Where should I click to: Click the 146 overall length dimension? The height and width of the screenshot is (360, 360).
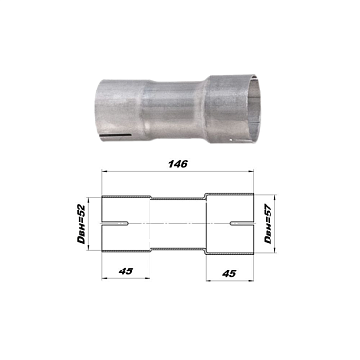coord(178,163)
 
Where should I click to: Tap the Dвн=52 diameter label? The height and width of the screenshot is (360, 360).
coord(81,223)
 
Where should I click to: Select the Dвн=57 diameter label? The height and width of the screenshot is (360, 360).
coord(269,223)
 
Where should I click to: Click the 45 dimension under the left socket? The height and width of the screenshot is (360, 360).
coord(126,271)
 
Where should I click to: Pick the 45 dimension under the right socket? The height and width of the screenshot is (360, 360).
coord(229,273)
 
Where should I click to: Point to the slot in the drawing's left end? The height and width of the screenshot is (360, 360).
coord(115,224)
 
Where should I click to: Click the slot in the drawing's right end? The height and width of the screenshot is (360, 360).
coord(242,224)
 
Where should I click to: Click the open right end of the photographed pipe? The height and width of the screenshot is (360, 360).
coord(254,108)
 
